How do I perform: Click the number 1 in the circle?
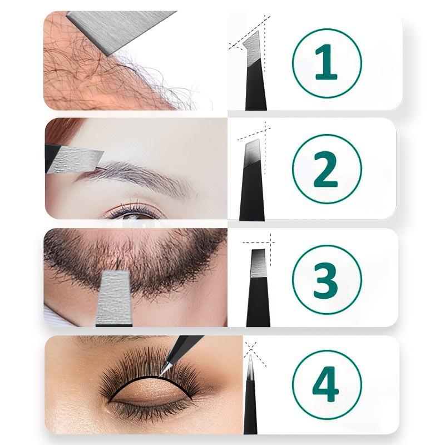[x=326, y=63]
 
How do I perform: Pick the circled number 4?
[x=326, y=384]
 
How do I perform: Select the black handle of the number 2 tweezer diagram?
[x=251, y=195]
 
